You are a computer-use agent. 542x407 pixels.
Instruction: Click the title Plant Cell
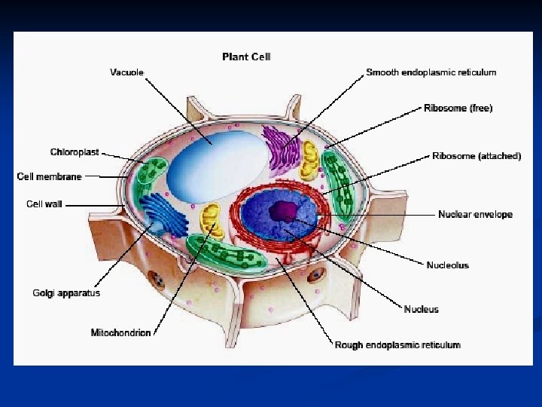point(246,57)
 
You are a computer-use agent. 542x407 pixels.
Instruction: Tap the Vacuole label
point(126,73)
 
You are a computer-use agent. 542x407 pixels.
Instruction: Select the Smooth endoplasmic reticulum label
point(431,73)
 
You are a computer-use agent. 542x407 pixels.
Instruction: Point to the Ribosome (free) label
point(458,109)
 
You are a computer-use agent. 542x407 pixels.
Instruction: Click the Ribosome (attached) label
point(476,157)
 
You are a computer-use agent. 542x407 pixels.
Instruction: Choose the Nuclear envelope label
point(475,215)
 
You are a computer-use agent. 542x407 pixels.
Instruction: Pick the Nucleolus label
point(447,265)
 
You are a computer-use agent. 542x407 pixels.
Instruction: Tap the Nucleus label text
point(421,309)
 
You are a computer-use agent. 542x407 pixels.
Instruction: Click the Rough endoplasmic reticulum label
point(397,345)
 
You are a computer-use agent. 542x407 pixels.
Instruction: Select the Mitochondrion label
point(120,332)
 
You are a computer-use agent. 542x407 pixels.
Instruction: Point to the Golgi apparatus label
point(66,293)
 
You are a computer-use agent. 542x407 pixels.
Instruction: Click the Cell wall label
point(44,204)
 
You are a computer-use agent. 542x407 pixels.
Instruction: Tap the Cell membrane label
point(49,177)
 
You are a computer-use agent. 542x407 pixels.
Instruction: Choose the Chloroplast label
point(75,152)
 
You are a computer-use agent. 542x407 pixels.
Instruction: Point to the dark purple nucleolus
point(284,211)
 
